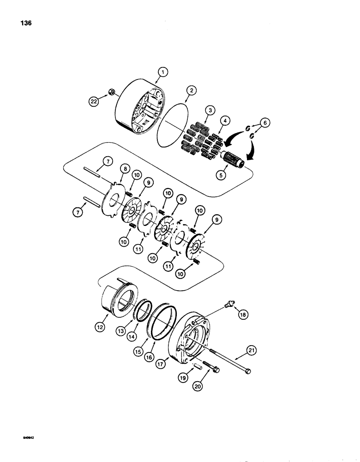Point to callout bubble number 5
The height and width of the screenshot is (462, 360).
pyautogui.click(x=223, y=175)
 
